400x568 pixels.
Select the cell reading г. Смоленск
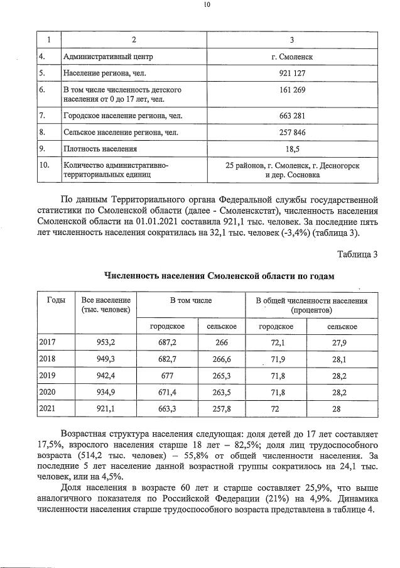click(x=292, y=57)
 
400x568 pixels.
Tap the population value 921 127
click(x=292, y=74)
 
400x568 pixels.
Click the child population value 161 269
click(x=292, y=90)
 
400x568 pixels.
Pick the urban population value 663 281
click(x=292, y=116)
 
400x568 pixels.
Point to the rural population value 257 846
click(x=292, y=133)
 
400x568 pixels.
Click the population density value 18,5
click(x=292, y=149)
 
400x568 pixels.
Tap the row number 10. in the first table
click(x=45, y=165)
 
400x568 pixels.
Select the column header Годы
click(x=56, y=300)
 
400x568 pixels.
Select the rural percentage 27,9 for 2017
click(x=342, y=342)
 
